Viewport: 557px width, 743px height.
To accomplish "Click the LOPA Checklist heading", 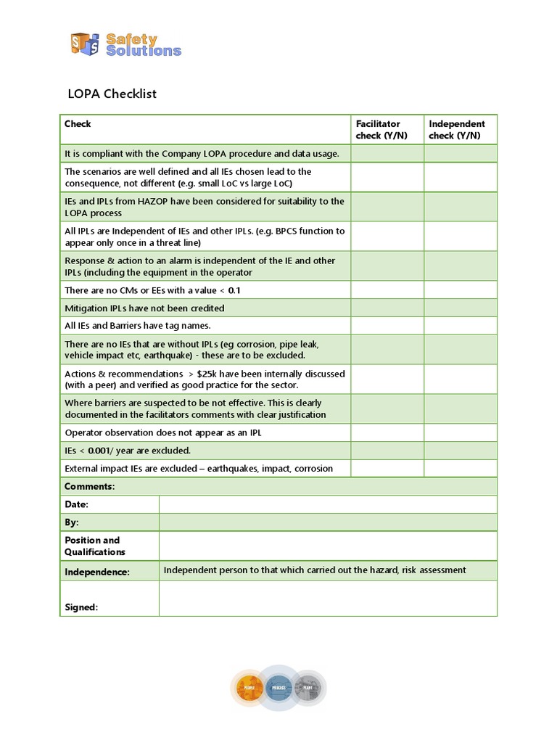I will [112, 94].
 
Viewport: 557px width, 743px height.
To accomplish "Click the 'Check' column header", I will [78, 124].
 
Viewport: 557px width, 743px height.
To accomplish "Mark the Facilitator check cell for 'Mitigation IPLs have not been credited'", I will [387, 308].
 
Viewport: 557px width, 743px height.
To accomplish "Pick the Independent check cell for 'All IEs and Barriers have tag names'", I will [460, 326].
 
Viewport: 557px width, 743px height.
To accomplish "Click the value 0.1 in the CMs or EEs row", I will [234, 290].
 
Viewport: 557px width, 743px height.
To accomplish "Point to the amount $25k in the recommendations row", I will [210, 373].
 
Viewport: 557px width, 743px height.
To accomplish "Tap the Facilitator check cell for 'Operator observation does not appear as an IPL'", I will [387, 432].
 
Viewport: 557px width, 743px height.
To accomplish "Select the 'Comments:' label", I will [90, 486].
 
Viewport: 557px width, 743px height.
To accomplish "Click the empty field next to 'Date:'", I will [328, 504].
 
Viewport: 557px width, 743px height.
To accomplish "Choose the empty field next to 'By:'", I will [328, 522].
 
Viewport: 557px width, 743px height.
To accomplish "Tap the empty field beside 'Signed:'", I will [328, 599].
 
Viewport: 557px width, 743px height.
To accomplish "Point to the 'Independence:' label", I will [97, 572].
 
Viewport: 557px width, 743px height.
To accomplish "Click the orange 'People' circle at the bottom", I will [249, 688].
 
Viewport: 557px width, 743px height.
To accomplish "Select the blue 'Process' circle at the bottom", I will [279, 688].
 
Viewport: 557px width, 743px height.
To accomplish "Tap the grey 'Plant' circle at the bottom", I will [308, 688].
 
